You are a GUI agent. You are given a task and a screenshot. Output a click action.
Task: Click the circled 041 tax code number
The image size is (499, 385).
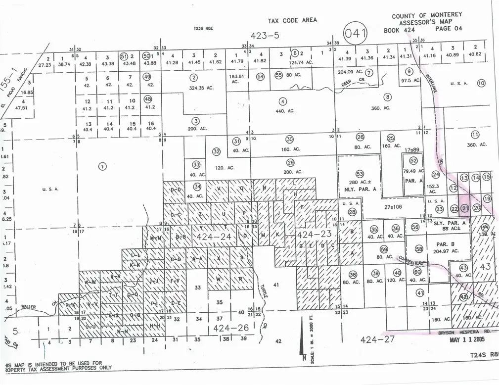point(357,34)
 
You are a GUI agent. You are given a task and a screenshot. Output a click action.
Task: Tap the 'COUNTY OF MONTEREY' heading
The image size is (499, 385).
point(421,16)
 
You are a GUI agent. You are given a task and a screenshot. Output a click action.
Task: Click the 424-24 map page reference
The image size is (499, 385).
point(214,238)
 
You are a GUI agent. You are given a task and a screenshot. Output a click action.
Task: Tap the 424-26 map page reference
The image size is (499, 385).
point(227,328)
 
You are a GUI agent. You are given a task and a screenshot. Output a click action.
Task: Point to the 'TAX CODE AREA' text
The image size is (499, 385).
point(292,20)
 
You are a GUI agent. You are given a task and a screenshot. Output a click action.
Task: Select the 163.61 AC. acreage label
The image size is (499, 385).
point(235,79)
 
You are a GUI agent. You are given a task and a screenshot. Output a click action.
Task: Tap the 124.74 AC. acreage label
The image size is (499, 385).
point(302,62)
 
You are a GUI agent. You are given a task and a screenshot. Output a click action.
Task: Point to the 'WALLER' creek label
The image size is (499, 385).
point(29,307)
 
